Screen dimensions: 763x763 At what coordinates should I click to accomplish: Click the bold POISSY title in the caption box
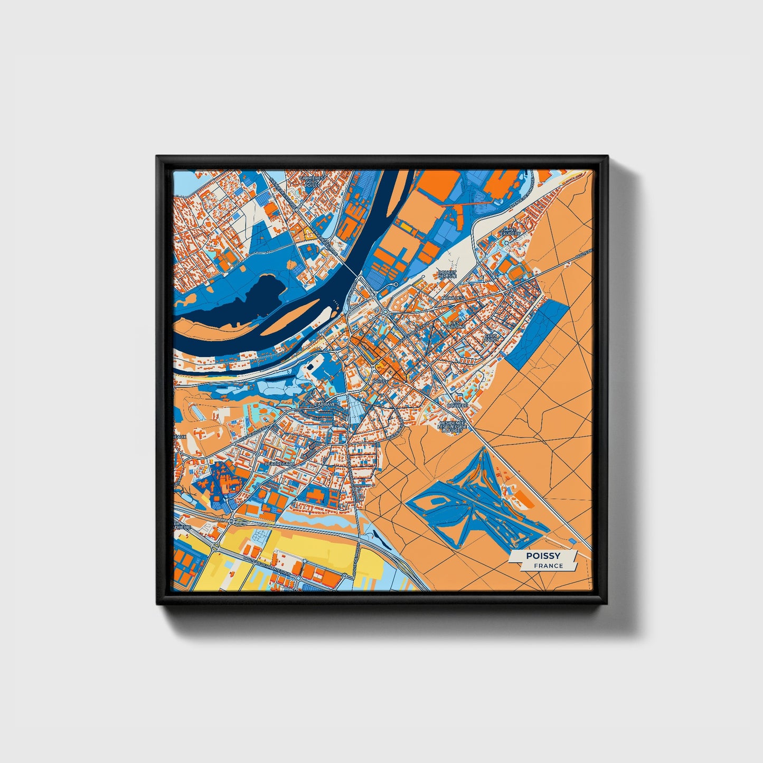543,556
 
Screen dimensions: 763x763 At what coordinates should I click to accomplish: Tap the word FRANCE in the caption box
548,566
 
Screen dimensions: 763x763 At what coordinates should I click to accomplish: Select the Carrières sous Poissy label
310,182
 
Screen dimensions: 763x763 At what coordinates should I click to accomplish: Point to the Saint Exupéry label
511,231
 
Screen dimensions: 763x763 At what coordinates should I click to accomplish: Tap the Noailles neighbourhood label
452,298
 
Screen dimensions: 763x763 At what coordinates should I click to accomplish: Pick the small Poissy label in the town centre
380,380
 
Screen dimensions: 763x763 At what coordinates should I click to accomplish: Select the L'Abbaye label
325,404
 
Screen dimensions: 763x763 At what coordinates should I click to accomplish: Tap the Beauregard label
279,463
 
